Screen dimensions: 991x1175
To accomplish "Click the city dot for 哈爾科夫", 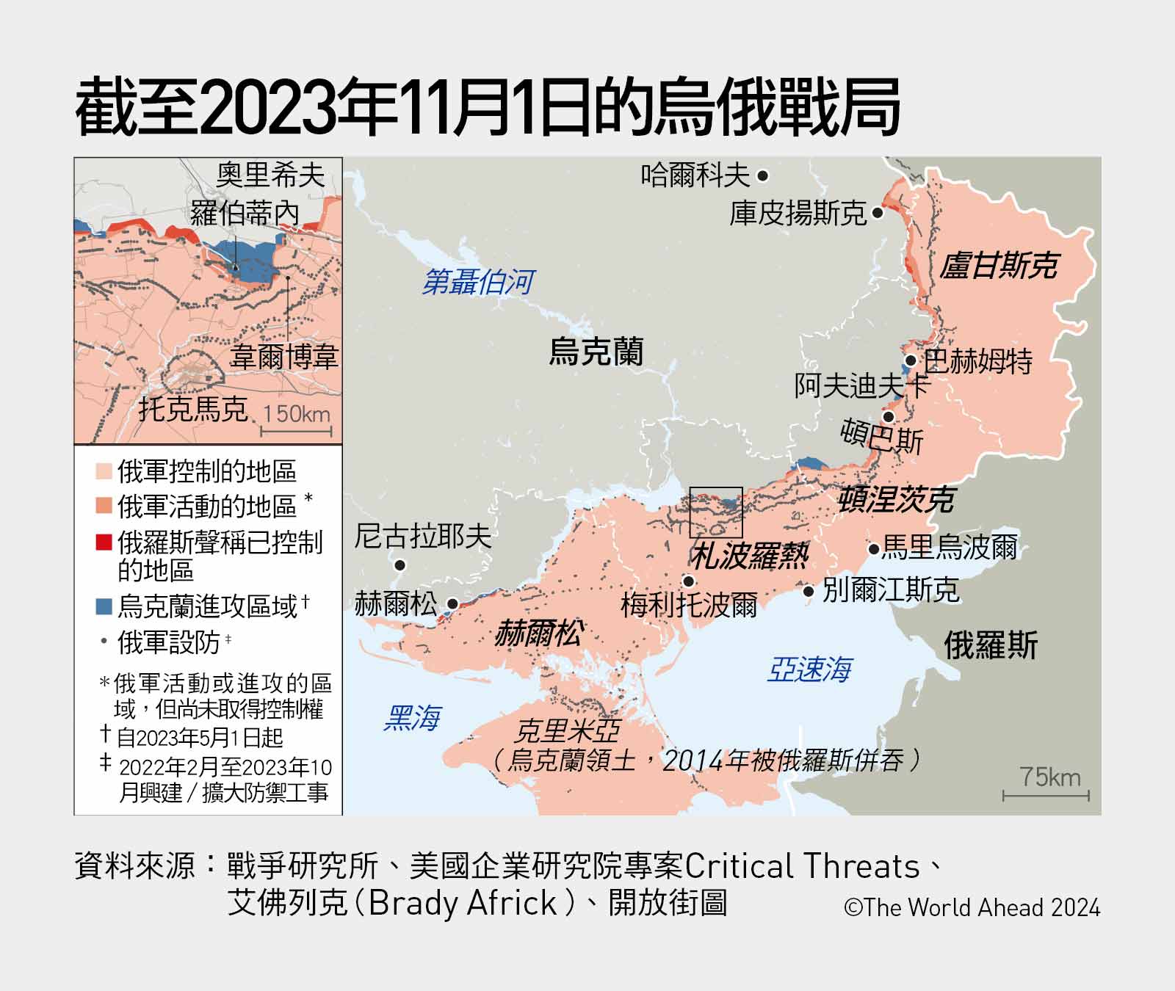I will pyautogui.click(x=762, y=176).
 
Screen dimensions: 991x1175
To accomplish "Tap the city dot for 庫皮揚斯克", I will pyautogui.click(x=878, y=214).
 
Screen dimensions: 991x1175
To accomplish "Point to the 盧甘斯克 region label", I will pyautogui.click(x=999, y=266).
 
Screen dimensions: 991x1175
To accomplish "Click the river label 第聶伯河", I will pyautogui.click(x=478, y=282).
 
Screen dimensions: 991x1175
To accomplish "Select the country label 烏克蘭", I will pyautogui.click(x=596, y=352).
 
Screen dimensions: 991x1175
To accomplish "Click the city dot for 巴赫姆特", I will pyautogui.click(x=911, y=360).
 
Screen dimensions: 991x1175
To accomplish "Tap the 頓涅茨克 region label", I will pyautogui.click(x=896, y=500).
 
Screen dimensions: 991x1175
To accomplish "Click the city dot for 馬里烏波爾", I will pyautogui.click(x=874, y=548).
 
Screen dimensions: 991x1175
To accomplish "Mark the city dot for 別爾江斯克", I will pyautogui.click(x=809, y=591).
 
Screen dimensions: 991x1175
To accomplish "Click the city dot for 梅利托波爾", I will pyautogui.click(x=689, y=581).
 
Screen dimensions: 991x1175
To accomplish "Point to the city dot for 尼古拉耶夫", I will pyautogui.click(x=400, y=565).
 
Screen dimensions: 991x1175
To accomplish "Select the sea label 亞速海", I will pyautogui.click(x=809, y=669).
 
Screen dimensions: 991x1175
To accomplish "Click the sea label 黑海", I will pyautogui.click(x=413, y=718).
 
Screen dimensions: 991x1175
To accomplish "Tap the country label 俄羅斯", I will pyautogui.click(x=990, y=646).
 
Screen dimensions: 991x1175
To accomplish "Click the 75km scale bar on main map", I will pyautogui.click(x=1046, y=795).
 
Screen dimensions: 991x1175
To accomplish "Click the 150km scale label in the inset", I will pyautogui.click(x=297, y=413).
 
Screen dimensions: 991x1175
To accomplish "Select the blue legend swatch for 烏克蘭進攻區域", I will pyautogui.click(x=104, y=606).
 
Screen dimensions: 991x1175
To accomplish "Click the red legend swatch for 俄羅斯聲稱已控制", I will pyautogui.click(x=104, y=542).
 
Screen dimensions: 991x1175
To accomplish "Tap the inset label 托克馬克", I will pyautogui.click(x=193, y=409).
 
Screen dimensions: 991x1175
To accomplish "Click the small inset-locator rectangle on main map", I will pyautogui.click(x=716, y=512).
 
